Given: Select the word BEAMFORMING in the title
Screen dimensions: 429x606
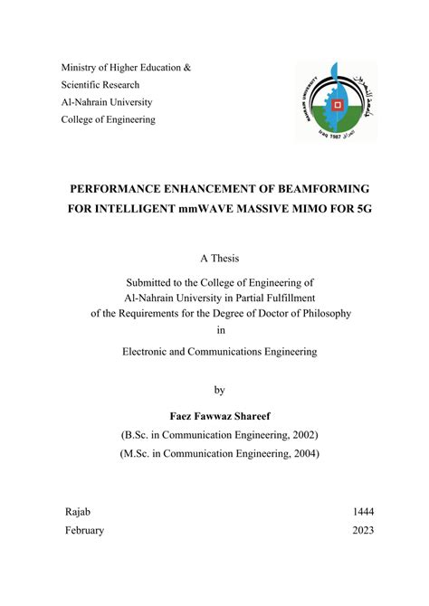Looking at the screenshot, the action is (x=318, y=188).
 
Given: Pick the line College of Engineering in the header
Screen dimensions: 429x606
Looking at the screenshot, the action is (x=108, y=119).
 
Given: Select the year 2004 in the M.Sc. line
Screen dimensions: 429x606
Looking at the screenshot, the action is (x=303, y=453).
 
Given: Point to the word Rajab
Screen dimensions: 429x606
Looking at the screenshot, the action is (x=79, y=511).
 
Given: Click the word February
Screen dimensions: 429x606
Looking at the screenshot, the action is (x=84, y=531).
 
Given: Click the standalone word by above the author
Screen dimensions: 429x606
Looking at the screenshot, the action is (x=218, y=390).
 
